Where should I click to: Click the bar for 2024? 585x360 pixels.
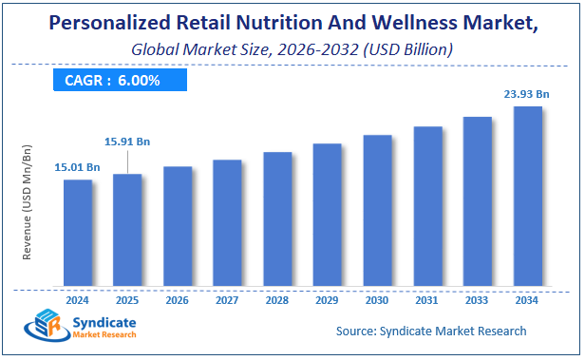[78, 233]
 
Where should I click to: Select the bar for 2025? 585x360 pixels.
[127, 230]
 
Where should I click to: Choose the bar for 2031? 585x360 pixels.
[427, 206]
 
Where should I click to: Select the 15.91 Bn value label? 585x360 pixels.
[127, 142]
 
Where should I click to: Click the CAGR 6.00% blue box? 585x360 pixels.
[119, 81]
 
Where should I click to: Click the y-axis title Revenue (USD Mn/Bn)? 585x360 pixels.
[28, 202]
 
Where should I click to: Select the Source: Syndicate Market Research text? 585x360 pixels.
[430, 332]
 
